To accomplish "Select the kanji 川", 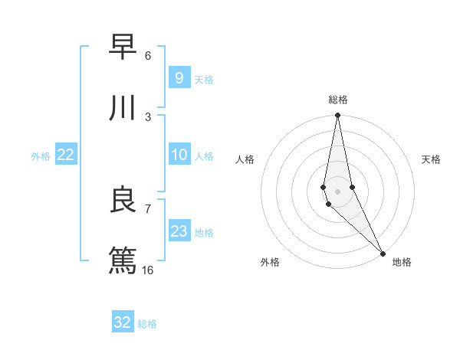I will [x=123, y=109].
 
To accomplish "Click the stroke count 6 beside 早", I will [x=148, y=55].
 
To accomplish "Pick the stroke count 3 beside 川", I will [x=148, y=116].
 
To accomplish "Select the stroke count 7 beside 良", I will [x=148, y=208].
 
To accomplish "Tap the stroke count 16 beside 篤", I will [x=148, y=270].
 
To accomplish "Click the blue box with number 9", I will [x=179, y=77].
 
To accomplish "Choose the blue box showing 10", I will [x=179, y=155].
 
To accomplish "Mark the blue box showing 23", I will [x=179, y=231].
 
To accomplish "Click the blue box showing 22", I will [x=66, y=155].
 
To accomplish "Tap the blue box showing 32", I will [x=123, y=322].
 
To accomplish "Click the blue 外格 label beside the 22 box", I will [x=41, y=156].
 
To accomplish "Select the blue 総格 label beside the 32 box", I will [x=147, y=324].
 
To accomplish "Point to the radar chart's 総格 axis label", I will [x=338, y=100].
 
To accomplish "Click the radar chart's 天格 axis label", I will [x=431, y=159].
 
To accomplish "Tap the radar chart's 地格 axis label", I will [x=402, y=262].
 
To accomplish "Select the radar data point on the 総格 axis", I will [x=337, y=116].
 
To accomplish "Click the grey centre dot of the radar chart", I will [x=337, y=191].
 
